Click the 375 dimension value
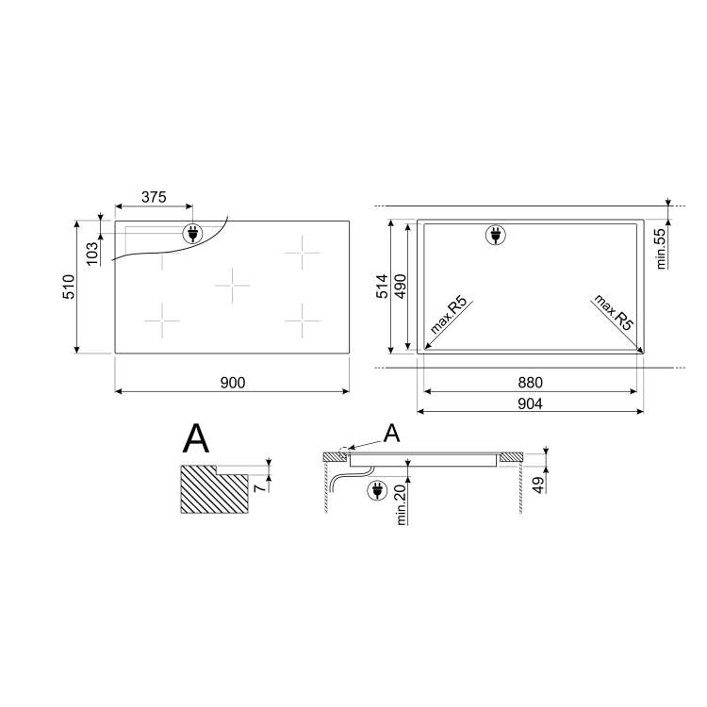point(154,197)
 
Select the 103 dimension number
point(92,253)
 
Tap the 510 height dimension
point(68,287)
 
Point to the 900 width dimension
point(233,382)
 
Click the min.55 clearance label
point(661,248)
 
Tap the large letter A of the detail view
point(196,438)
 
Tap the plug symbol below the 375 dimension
point(192,233)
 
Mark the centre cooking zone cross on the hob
point(232,284)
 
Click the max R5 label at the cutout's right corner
point(613,311)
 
